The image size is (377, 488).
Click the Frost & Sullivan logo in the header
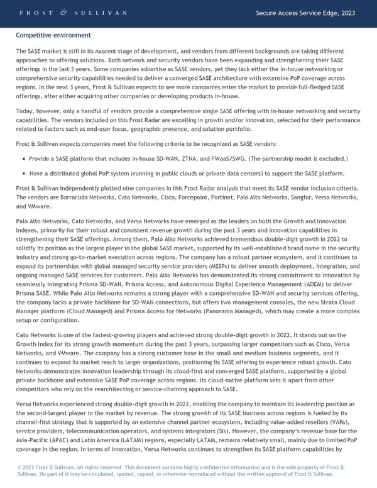point(74,13)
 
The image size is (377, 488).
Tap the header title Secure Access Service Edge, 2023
point(305,13)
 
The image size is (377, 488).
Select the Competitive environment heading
point(53,35)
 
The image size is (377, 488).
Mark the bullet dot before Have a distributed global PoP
point(24,173)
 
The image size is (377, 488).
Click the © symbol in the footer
point(19,467)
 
